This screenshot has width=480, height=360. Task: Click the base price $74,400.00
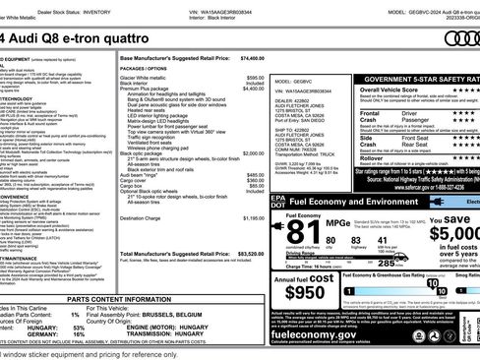252,58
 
